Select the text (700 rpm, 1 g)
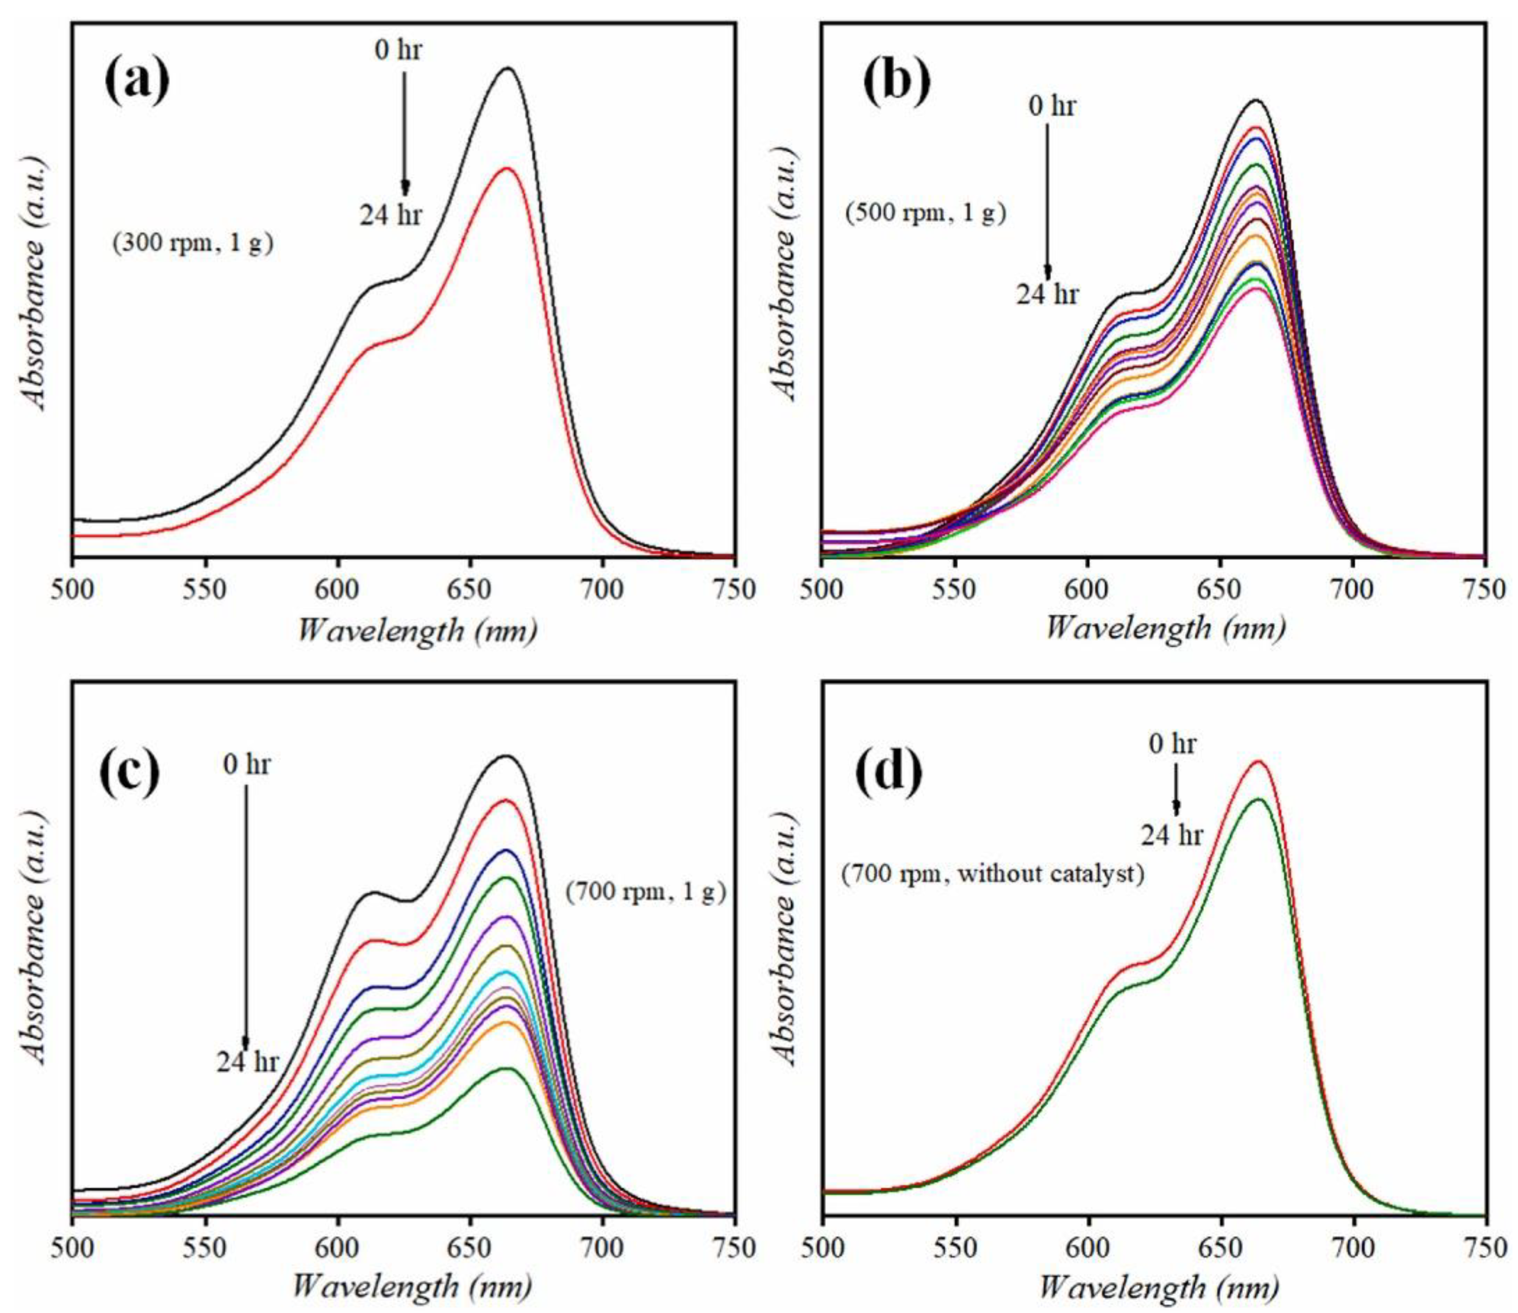coord(645,892)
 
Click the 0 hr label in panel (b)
coord(1052,106)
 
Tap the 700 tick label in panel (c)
coord(602,1249)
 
